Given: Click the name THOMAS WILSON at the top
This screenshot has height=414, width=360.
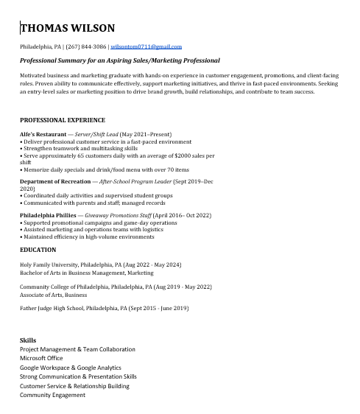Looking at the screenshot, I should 68,29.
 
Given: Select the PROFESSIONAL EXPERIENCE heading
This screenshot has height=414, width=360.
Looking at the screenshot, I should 63,120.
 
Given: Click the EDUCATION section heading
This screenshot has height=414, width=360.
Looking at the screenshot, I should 38,250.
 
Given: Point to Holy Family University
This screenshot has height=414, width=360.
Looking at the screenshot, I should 52,264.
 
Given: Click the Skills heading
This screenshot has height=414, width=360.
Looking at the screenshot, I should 28,340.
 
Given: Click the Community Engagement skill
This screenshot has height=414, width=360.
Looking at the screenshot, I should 52,395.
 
